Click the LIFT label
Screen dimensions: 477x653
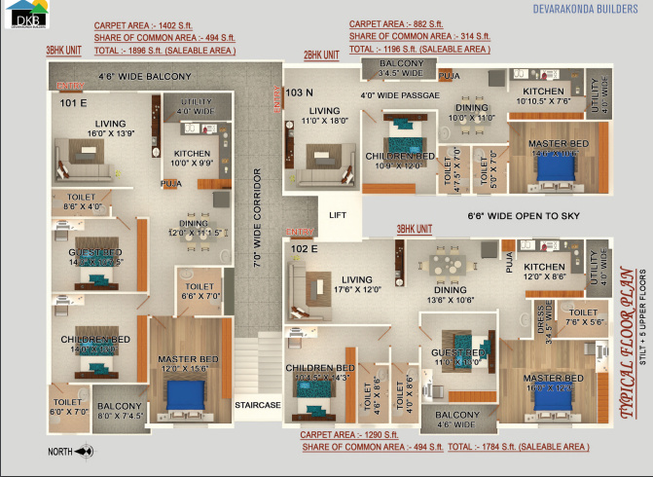pos(338,214)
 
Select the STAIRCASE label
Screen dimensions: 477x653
pos(258,403)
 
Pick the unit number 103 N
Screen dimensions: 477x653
pos(299,91)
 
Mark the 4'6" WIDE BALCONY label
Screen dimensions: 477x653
pos(144,75)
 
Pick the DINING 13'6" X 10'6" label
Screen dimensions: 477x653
pos(450,296)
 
